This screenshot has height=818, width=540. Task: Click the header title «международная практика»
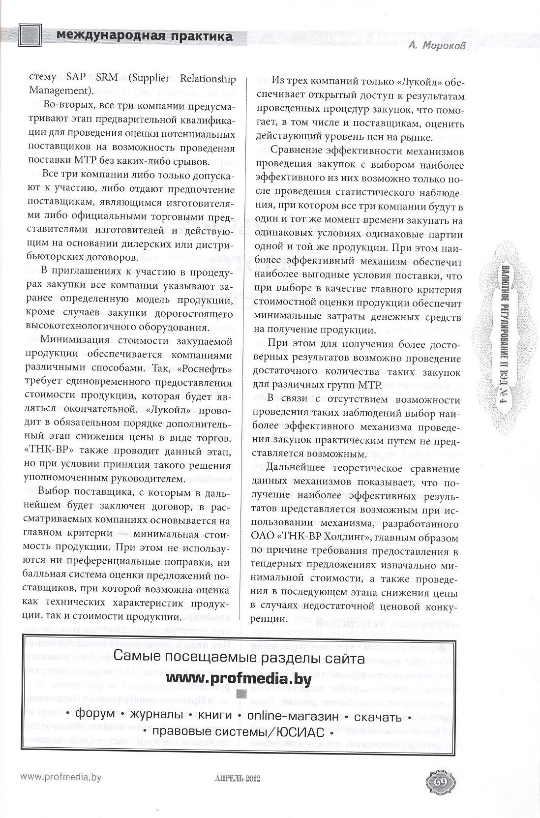(x=144, y=36)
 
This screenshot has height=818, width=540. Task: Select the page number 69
(x=440, y=782)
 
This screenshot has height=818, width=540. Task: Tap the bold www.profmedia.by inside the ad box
(x=239, y=679)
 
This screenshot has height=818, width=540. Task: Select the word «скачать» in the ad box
(x=378, y=714)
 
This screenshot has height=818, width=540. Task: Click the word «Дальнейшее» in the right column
(x=302, y=469)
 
